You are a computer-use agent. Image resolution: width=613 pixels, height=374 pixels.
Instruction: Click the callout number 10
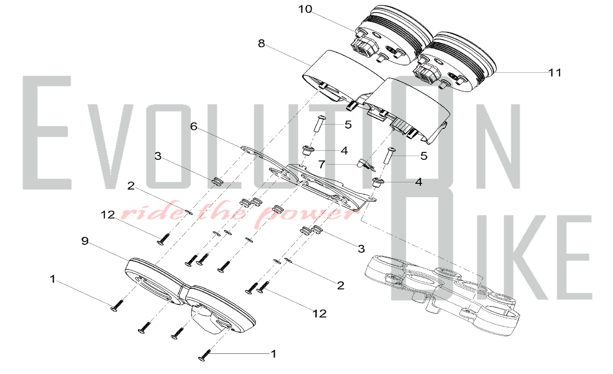pyautogui.click(x=305, y=9)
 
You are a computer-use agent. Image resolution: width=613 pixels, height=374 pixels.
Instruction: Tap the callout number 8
pyautogui.click(x=261, y=44)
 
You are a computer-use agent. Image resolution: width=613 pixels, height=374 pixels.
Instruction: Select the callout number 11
pyautogui.click(x=555, y=73)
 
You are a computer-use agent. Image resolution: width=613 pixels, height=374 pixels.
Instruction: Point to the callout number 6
pyautogui.click(x=194, y=126)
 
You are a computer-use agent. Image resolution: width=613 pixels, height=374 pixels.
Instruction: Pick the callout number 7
pyautogui.click(x=322, y=165)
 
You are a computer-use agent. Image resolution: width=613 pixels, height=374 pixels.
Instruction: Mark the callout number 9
pyautogui.click(x=85, y=241)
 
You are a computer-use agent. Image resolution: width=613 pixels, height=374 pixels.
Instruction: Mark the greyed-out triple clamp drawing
pyautogui.click(x=441, y=291)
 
